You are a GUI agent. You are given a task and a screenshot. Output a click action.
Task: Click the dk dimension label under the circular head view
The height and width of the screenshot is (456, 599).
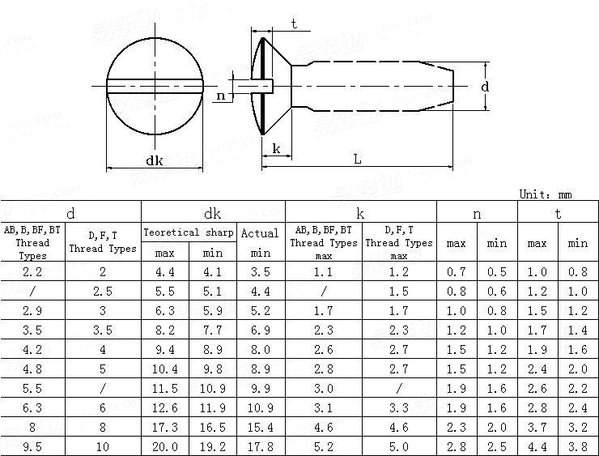tap(155, 160)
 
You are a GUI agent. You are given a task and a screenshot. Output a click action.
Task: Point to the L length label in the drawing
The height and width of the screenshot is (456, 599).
tap(358, 159)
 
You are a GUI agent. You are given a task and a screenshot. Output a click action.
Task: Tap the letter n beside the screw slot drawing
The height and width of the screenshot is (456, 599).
tap(221, 96)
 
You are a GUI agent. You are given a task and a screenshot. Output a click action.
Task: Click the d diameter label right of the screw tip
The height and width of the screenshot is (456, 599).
tap(485, 87)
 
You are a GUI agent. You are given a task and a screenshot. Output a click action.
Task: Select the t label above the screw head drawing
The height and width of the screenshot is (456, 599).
tap(294, 23)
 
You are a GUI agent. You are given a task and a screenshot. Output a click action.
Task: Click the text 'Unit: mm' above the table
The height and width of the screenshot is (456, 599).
tap(546, 194)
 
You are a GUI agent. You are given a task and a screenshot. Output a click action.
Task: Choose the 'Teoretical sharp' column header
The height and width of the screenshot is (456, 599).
tap(189, 232)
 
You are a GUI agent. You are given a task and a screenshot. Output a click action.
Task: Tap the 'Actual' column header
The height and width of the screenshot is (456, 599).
tap(260, 232)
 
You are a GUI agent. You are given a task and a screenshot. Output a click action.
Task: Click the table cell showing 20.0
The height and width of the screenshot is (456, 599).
tap(165, 447)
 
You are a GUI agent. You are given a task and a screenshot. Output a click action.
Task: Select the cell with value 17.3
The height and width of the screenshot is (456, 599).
tap(165, 428)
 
